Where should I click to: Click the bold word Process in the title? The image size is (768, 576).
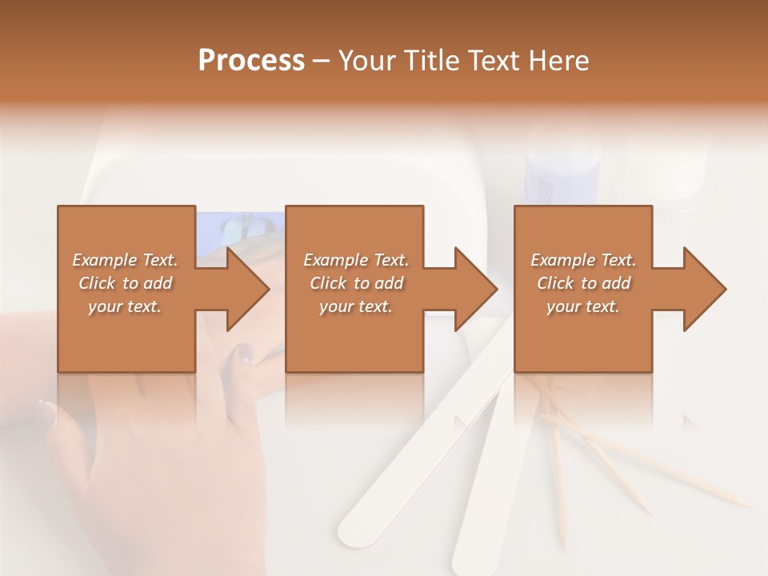(251, 61)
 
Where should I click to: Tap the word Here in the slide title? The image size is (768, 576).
(558, 61)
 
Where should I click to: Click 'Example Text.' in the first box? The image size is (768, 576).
(125, 260)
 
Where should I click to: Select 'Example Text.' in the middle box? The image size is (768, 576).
(356, 260)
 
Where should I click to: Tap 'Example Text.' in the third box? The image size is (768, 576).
(583, 260)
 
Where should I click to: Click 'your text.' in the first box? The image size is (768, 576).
(125, 306)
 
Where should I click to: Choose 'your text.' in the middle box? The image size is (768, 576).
(356, 306)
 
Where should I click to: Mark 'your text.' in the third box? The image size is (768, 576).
(583, 306)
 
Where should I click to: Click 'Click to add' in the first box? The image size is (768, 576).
(125, 283)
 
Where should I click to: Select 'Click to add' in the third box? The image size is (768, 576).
(583, 283)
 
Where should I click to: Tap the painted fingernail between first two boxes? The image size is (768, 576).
(244, 353)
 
